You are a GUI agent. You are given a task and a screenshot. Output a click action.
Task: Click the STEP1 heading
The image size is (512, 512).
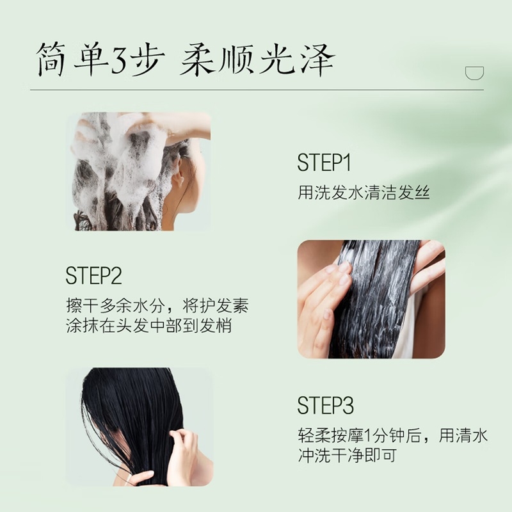coord(324,163)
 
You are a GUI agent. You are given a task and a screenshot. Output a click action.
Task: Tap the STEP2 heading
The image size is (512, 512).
coord(93,276)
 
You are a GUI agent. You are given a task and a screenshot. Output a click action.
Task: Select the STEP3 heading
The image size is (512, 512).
coord(326,405)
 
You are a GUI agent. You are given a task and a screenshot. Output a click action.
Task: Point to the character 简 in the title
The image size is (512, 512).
coord(52,59)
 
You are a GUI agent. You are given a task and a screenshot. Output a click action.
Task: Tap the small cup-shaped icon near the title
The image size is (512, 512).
coord(474,73)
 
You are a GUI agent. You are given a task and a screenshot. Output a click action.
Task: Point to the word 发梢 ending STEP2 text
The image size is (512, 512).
coord(215,325)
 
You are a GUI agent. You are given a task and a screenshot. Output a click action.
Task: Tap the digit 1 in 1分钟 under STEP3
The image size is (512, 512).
coord(367,436)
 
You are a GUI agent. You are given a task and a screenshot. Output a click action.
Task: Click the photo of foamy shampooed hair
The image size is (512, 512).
coord(139,172)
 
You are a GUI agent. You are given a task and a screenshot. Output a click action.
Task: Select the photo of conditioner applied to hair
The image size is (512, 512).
coord(371,300)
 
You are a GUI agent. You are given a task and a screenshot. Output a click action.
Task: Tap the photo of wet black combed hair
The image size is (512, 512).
coord(140,427)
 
